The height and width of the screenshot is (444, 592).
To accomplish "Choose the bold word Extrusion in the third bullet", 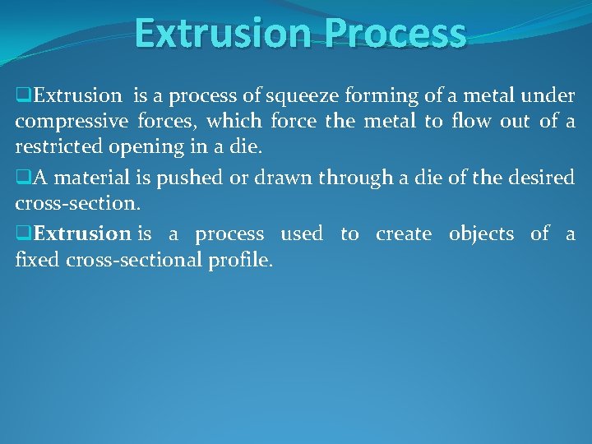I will point(83,234).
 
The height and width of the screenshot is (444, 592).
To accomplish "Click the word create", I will point(404,234).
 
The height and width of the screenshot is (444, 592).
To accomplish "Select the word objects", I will point(481,234).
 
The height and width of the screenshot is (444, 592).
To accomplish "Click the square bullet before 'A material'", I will point(22,177).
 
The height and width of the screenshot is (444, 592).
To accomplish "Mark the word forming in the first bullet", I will point(391,97).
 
